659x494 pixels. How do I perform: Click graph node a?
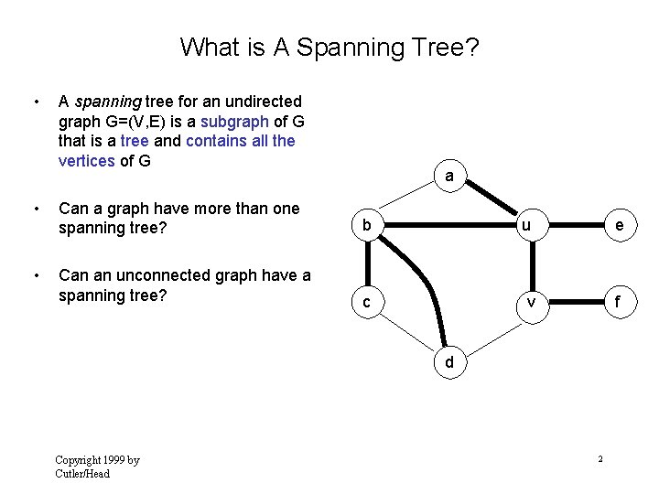(449, 176)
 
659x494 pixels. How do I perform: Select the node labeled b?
(366, 225)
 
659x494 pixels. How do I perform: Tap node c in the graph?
(366, 302)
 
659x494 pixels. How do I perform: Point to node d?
(449, 362)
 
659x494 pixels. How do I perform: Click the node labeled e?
(621, 225)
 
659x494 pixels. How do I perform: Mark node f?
(621, 302)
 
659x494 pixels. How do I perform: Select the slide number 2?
(600, 458)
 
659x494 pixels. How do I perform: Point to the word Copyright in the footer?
(77, 460)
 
